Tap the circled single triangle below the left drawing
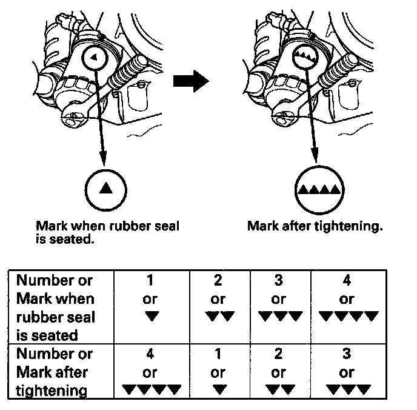pyautogui.click(x=105, y=187)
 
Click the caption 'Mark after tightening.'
pyautogui.click(x=315, y=227)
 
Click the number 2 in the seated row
pyautogui.click(x=218, y=280)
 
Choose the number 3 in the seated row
pyautogui.click(x=279, y=280)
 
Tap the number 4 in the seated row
pyautogui.click(x=347, y=280)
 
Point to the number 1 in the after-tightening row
pyautogui.click(x=218, y=354)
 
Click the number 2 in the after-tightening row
pyautogui.click(x=279, y=354)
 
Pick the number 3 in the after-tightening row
pyautogui.click(x=347, y=354)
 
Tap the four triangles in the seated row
pyautogui.click(x=347, y=315)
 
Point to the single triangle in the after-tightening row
pyautogui.click(x=218, y=389)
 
